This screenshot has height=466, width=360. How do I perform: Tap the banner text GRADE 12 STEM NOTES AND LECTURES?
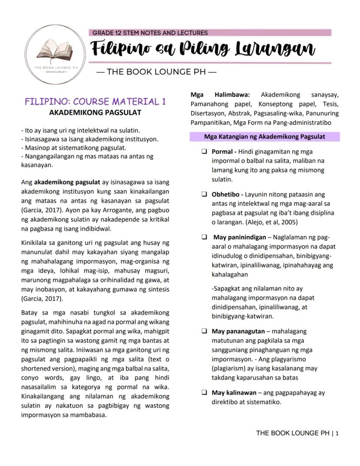[x=150, y=33]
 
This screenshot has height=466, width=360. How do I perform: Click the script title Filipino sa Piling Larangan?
[x=203, y=49]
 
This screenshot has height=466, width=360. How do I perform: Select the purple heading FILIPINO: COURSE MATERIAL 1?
[x=95, y=102]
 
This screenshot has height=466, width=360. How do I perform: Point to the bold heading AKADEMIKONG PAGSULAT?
[x=95, y=113]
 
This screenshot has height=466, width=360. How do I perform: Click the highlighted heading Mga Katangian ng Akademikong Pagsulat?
[x=264, y=137]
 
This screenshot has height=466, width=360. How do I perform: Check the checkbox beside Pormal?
[x=204, y=152]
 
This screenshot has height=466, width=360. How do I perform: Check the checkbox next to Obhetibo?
[x=204, y=194]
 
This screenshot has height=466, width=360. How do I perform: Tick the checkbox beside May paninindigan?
[x=204, y=237]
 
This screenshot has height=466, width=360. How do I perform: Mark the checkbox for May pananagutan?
[x=204, y=331]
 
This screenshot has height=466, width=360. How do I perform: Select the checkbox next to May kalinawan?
[x=204, y=392]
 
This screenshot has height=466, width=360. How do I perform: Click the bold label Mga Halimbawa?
[x=220, y=95]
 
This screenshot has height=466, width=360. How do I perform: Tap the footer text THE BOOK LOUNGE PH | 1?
[x=297, y=433]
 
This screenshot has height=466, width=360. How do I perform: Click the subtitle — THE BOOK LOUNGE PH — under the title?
[x=156, y=72]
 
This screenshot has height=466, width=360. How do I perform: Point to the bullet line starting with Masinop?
[x=68, y=148]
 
